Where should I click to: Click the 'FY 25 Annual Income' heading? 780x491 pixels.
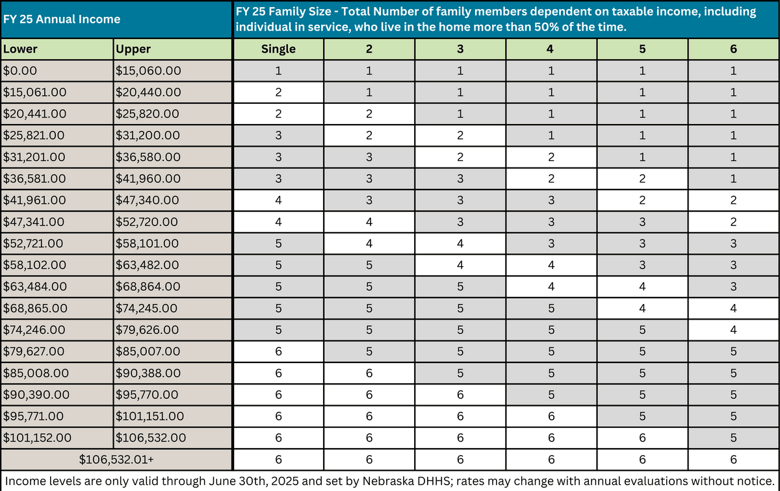click(62, 19)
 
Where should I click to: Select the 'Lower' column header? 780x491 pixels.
click(19, 49)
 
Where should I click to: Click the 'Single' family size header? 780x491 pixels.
click(278, 49)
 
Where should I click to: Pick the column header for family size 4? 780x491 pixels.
click(551, 49)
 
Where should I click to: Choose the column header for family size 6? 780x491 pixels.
click(733, 49)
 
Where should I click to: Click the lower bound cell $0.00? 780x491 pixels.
click(21, 70)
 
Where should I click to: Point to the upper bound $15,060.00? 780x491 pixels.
click(148, 70)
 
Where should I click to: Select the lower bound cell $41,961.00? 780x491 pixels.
click(34, 200)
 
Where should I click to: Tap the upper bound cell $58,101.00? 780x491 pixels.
click(148, 243)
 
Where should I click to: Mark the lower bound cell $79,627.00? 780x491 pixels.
click(34, 351)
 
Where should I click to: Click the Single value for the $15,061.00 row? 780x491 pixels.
click(278, 92)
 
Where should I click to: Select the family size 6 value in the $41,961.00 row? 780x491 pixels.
click(733, 200)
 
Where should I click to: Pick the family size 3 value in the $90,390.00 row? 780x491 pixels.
click(460, 394)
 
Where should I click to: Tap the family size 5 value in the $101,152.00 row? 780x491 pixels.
click(642, 438)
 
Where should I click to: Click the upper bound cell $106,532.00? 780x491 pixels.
click(150, 438)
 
